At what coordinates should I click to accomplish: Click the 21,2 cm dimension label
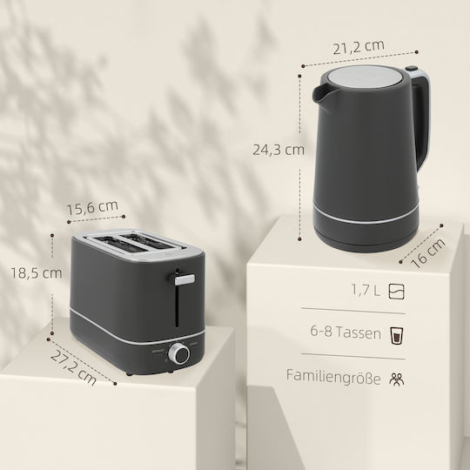point(359,46)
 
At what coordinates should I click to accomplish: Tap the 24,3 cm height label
point(279,150)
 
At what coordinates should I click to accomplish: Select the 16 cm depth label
point(427,253)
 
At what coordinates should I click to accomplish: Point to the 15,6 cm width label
point(92,207)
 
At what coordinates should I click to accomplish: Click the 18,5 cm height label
point(37,273)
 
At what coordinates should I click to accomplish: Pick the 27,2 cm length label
point(73,368)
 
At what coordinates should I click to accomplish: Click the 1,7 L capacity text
point(365,290)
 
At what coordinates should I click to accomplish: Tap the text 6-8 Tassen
point(346,332)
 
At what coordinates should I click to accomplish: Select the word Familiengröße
point(333,377)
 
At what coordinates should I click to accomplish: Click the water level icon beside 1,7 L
point(396,292)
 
